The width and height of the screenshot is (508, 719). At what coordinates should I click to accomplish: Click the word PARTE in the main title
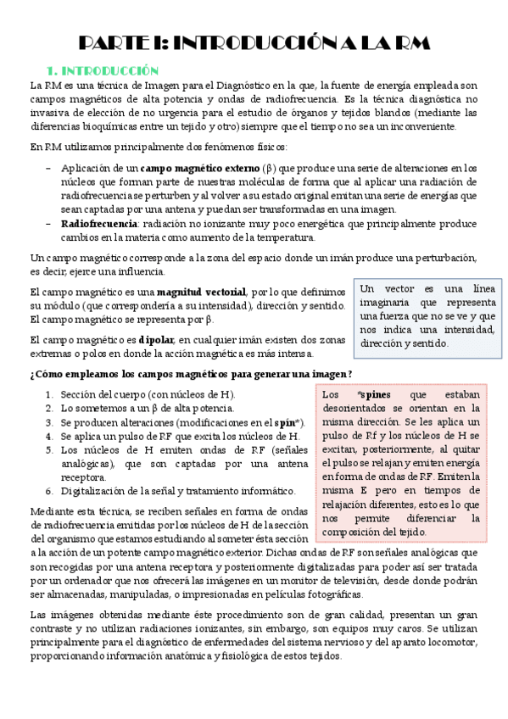pyautogui.click(x=118, y=43)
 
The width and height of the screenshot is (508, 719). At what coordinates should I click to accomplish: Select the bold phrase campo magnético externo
pyautogui.click(x=200, y=168)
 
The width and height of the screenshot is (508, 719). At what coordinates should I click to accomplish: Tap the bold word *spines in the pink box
pyautogui.click(x=371, y=394)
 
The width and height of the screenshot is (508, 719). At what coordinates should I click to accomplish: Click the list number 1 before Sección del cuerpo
pyautogui.click(x=50, y=394)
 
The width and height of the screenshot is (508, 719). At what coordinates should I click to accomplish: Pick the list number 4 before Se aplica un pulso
pyautogui.click(x=50, y=436)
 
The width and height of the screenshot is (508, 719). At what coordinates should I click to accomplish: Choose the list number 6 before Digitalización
pyautogui.click(x=50, y=491)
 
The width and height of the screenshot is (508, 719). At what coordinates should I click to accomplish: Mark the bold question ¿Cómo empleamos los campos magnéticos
pyautogui.click(x=191, y=374)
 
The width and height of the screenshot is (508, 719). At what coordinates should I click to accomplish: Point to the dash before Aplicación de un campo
pyautogui.click(x=47, y=168)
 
